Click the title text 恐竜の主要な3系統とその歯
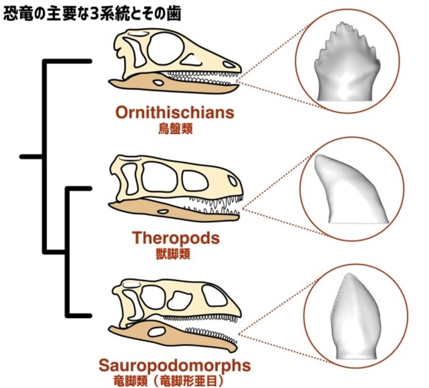click(92, 13)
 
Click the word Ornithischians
click(175, 112)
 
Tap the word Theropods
click(176, 238)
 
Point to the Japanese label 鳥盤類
click(175, 129)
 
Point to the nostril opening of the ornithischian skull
click(227, 64)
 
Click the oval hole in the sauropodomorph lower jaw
click(159, 331)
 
